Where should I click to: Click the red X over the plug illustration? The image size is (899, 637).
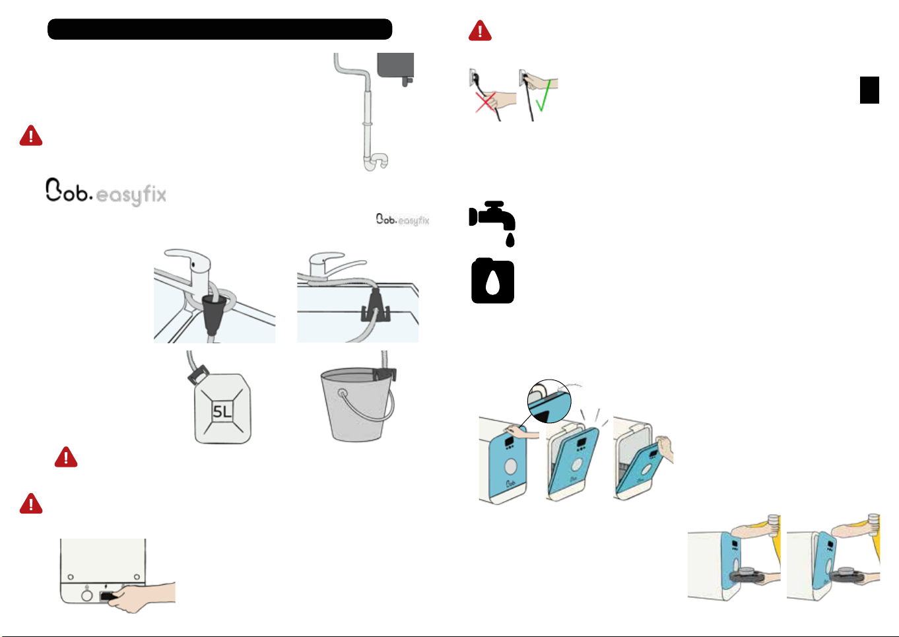click(x=486, y=102)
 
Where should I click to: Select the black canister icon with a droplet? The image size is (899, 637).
click(x=492, y=281)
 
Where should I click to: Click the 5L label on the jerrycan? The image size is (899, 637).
click(x=222, y=412)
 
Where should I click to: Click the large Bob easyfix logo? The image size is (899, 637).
click(x=106, y=192)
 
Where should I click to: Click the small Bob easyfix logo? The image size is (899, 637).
click(x=403, y=219)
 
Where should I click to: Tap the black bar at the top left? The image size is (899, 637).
click(x=220, y=29)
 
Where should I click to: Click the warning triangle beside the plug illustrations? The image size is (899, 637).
click(x=480, y=31)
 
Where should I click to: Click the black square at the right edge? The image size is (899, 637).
click(x=869, y=90)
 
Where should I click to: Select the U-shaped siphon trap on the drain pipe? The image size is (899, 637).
click(x=377, y=161)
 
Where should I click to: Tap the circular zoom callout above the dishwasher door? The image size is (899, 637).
click(x=549, y=401)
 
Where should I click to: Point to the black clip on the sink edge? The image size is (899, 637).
click(x=374, y=306)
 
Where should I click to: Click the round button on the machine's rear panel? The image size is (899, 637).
click(x=86, y=595)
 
